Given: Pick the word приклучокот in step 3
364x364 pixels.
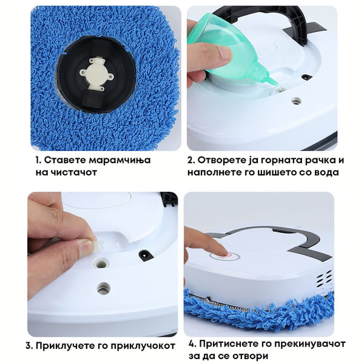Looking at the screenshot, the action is pyautogui.click(x=143, y=346).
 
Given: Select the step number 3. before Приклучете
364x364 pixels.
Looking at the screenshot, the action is pyautogui.click(x=30, y=346).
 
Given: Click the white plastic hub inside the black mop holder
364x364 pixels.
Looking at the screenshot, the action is pyautogui.click(x=96, y=74).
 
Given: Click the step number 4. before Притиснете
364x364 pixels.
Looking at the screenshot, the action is pyautogui.click(x=193, y=344).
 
